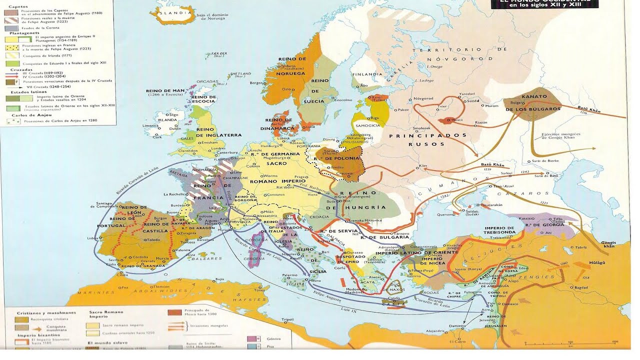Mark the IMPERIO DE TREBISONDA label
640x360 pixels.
coord(500,230)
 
